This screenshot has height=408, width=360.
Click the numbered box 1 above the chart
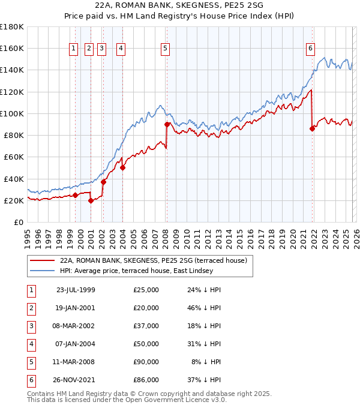73,49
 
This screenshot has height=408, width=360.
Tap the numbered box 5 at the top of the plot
165,49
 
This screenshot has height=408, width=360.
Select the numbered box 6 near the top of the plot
311,49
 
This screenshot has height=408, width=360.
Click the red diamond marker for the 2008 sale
167,124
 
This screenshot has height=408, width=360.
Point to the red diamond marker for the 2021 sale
312,128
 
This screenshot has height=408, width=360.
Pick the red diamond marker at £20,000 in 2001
91,200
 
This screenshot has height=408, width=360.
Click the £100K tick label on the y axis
11,113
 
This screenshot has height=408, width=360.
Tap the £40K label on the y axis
14,179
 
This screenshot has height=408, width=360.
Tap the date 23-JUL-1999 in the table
75,290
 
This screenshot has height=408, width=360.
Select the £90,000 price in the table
146,362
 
